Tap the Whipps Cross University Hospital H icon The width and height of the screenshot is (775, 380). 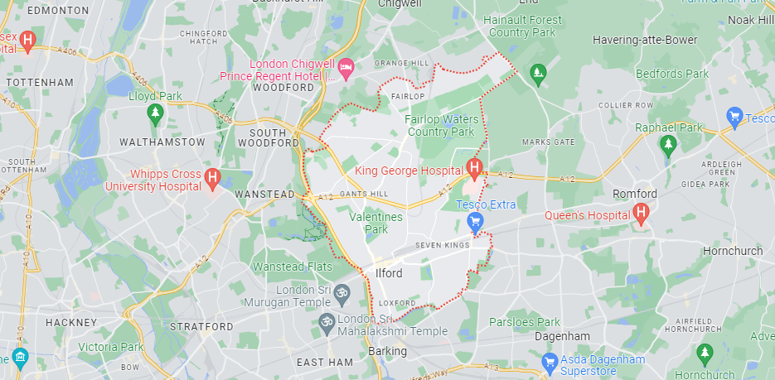[x=212, y=177]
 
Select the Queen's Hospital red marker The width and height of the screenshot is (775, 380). [x=640, y=214]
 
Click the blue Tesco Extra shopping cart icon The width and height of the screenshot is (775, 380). [x=475, y=221]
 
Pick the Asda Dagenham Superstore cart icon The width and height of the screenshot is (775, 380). [x=549, y=361]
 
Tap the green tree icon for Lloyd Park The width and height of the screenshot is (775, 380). [x=153, y=111]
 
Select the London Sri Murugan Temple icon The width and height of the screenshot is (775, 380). [x=339, y=292]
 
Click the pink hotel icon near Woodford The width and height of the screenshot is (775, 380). [x=346, y=65]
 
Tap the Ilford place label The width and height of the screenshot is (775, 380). [x=389, y=273]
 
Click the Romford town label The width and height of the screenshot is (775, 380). [x=635, y=194]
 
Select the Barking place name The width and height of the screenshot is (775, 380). [x=387, y=351]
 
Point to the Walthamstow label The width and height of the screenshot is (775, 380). [x=162, y=142]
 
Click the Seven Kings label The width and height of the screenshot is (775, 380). [x=443, y=244]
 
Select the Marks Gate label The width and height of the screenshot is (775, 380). [x=548, y=142]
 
